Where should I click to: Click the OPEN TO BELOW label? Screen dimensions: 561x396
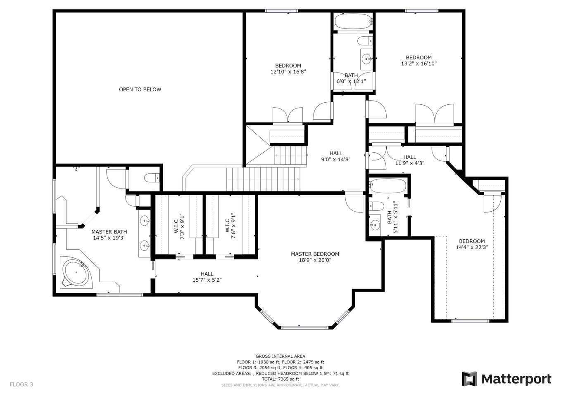tap(140, 90)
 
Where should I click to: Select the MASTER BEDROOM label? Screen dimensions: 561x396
tap(315, 254)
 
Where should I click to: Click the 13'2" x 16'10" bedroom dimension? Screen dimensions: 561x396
tap(419, 64)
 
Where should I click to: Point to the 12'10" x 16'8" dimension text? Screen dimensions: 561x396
tap(288, 72)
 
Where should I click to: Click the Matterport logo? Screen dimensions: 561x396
tap(506, 379)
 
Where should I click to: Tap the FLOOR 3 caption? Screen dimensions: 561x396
tap(21, 384)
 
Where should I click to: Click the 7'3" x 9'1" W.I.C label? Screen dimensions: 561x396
tap(179, 226)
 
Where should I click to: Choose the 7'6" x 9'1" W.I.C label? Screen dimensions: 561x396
tap(230, 226)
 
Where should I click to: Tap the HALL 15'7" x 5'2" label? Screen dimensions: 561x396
tap(207, 277)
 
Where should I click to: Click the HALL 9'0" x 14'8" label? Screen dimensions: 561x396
tap(336, 156)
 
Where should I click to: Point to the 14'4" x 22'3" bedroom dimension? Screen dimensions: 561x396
tap(472, 247)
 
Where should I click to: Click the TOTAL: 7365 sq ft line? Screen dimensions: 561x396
tap(280, 379)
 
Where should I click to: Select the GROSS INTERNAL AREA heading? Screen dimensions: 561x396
tap(280, 356)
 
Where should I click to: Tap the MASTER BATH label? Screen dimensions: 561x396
tap(109, 232)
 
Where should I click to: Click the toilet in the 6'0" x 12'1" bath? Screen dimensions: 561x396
tap(365, 41)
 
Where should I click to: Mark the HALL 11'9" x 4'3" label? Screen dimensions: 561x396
tap(410, 160)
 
